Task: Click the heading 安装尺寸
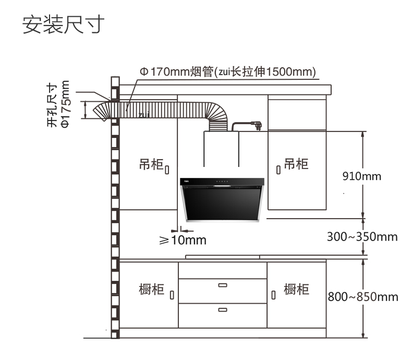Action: (x=63, y=25)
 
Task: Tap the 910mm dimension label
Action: (x=362, y=176)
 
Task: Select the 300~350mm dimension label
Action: (x=362, y=236)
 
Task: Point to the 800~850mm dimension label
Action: (x=363, y=297)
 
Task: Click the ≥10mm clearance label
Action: (x=183, y=240)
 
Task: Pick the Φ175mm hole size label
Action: (x=58, y=104)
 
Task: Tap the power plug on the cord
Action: (x=257, y=125)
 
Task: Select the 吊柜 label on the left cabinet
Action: (x=151, y=164)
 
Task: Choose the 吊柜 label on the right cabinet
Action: (x=296, y=163)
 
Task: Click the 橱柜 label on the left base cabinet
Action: (x=152, y=290)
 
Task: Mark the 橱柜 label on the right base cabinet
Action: (x=296, y=289)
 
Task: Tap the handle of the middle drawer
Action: (x=223, y=285)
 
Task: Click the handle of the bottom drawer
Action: (x=223, y=310)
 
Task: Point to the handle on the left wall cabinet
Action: (x=167, y=170)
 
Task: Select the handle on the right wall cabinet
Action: (x=278, y=170)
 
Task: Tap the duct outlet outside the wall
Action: (x=102, y=112)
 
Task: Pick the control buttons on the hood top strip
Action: (x=222, y=182)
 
